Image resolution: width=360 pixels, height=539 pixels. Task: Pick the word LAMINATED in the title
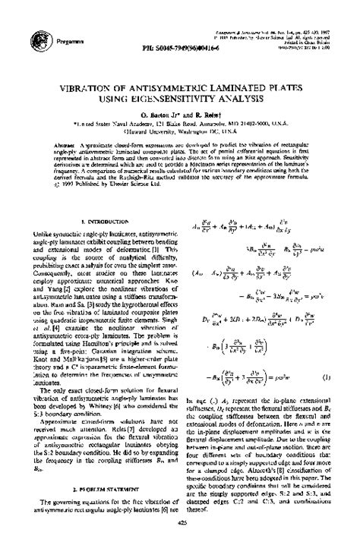[232, 88]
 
